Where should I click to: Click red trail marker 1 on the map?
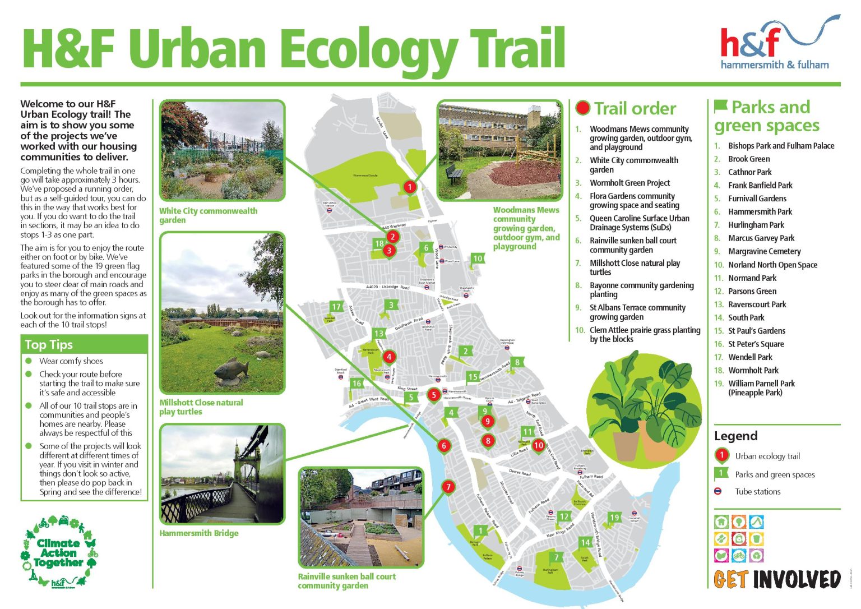tap(410, 187)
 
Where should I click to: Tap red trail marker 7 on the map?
tap(448, 487)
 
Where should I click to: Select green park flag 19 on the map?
tap(615, 518)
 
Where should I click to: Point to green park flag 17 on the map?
tap(336, 307)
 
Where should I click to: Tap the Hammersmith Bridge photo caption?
tap(199, 533)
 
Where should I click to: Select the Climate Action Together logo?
tap(58, 552)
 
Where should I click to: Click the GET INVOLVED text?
tap(777, 579)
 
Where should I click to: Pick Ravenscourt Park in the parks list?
tap(757, 304)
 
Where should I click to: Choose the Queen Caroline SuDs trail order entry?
tap(639, 223)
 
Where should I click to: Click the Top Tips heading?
tap(49, 345)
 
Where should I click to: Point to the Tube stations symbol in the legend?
tap(718, 491)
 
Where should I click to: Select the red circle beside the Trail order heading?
tap(583, 108)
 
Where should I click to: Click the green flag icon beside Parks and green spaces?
tap(721, 106)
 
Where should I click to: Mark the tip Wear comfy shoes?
tap(71, 361)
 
